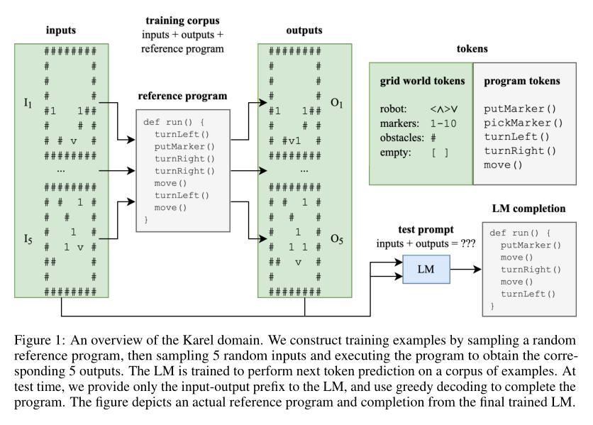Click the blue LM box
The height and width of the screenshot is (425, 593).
pyautogui.click(x=426, y=270)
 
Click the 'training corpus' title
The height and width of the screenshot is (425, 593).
pyautogui.click(x=183, y=22)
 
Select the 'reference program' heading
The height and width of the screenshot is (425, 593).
pyautogui.click(x=182, y=95)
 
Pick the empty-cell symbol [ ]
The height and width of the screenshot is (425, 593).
pyautogui.click(x=440, y=151)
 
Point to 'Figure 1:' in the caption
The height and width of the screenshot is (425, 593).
pyautogui.click(x=38, y=340)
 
